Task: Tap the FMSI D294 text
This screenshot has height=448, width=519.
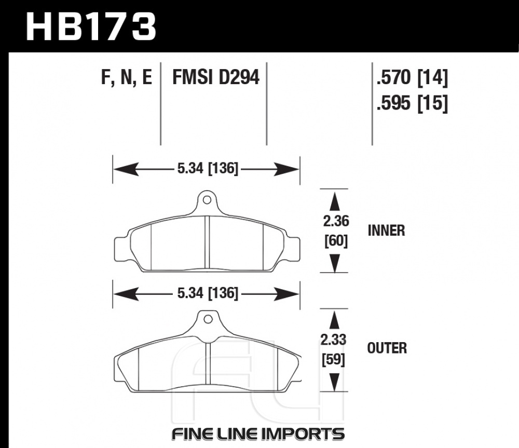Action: (x=215, y=78)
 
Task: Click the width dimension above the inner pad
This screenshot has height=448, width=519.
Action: (x=207, y=169)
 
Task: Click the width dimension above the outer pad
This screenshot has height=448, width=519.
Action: (x=207, y=294)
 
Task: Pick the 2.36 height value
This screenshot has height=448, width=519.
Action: (x=335, y=222)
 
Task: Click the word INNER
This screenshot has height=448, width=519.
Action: (x=386, y=230)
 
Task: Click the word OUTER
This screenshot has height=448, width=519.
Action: (x=387, y=348)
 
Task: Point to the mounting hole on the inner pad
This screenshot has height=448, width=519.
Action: (x=207, y=198)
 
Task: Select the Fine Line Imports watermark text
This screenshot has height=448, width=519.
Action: (x=257, y=433)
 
